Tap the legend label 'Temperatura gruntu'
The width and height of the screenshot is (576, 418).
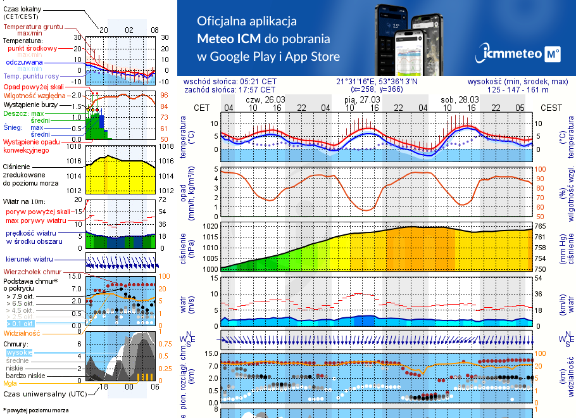click(33, 27)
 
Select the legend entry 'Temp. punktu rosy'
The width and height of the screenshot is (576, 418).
click(32, 76)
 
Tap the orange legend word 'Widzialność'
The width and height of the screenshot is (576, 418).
click(22, 332)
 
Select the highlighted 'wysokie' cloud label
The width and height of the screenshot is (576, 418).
click(19, 351)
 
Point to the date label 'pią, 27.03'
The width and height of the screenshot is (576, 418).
click(362, 100)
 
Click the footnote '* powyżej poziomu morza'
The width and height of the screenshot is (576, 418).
click(35, 410)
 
